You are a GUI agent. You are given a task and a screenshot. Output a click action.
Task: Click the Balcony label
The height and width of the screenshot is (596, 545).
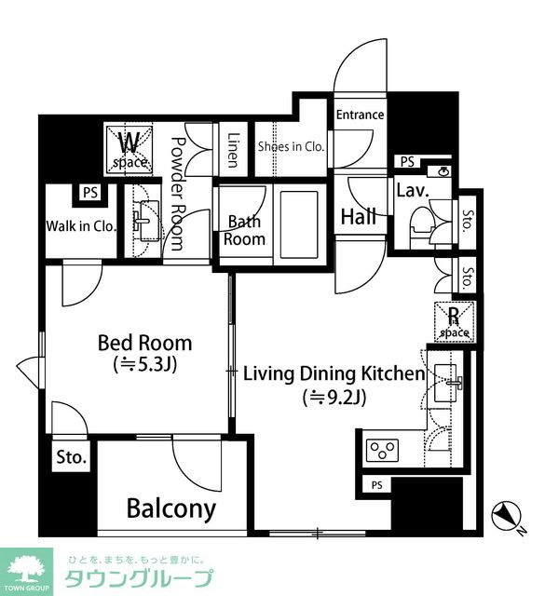tap(171, 509)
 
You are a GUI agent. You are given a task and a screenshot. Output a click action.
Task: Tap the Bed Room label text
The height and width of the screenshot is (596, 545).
tap(145, 343)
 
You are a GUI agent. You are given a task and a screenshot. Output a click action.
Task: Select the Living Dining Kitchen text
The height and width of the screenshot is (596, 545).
tap(334, 373)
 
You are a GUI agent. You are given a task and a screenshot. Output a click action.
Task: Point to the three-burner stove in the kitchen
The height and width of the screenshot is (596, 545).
tap(382, 451)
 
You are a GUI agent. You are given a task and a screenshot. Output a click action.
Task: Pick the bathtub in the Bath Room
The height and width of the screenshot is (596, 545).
tap(298, 225)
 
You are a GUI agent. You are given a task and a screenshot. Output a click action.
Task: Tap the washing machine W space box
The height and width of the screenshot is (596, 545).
tap(129, 151)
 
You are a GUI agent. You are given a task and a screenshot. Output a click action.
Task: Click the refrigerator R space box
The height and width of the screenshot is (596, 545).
tap(455, 321)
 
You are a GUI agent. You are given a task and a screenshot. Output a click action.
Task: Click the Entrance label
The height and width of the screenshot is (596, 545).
tap(360, 115)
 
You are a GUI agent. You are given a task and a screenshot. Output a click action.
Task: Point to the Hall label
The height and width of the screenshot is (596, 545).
tap(359, 217)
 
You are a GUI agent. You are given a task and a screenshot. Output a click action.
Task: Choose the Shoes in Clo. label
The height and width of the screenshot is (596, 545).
tap(291, 146)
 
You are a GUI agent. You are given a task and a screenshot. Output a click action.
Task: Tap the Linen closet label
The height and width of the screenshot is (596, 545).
tap(234, 150)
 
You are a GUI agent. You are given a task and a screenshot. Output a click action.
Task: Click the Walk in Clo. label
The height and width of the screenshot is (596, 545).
tap(81, 226)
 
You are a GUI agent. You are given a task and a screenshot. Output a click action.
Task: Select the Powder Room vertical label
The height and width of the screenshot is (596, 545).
tap(176, 194)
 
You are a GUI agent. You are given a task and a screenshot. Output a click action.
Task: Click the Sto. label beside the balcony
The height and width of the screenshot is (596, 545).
tap(72, 457)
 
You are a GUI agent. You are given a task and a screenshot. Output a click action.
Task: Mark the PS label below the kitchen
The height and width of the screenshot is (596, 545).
tap(376, 485)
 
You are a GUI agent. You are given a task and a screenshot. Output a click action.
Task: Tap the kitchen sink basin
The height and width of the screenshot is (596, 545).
tap(445, 383)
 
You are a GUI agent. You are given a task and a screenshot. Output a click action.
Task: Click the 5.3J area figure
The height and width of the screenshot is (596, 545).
tap(145, 365)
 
